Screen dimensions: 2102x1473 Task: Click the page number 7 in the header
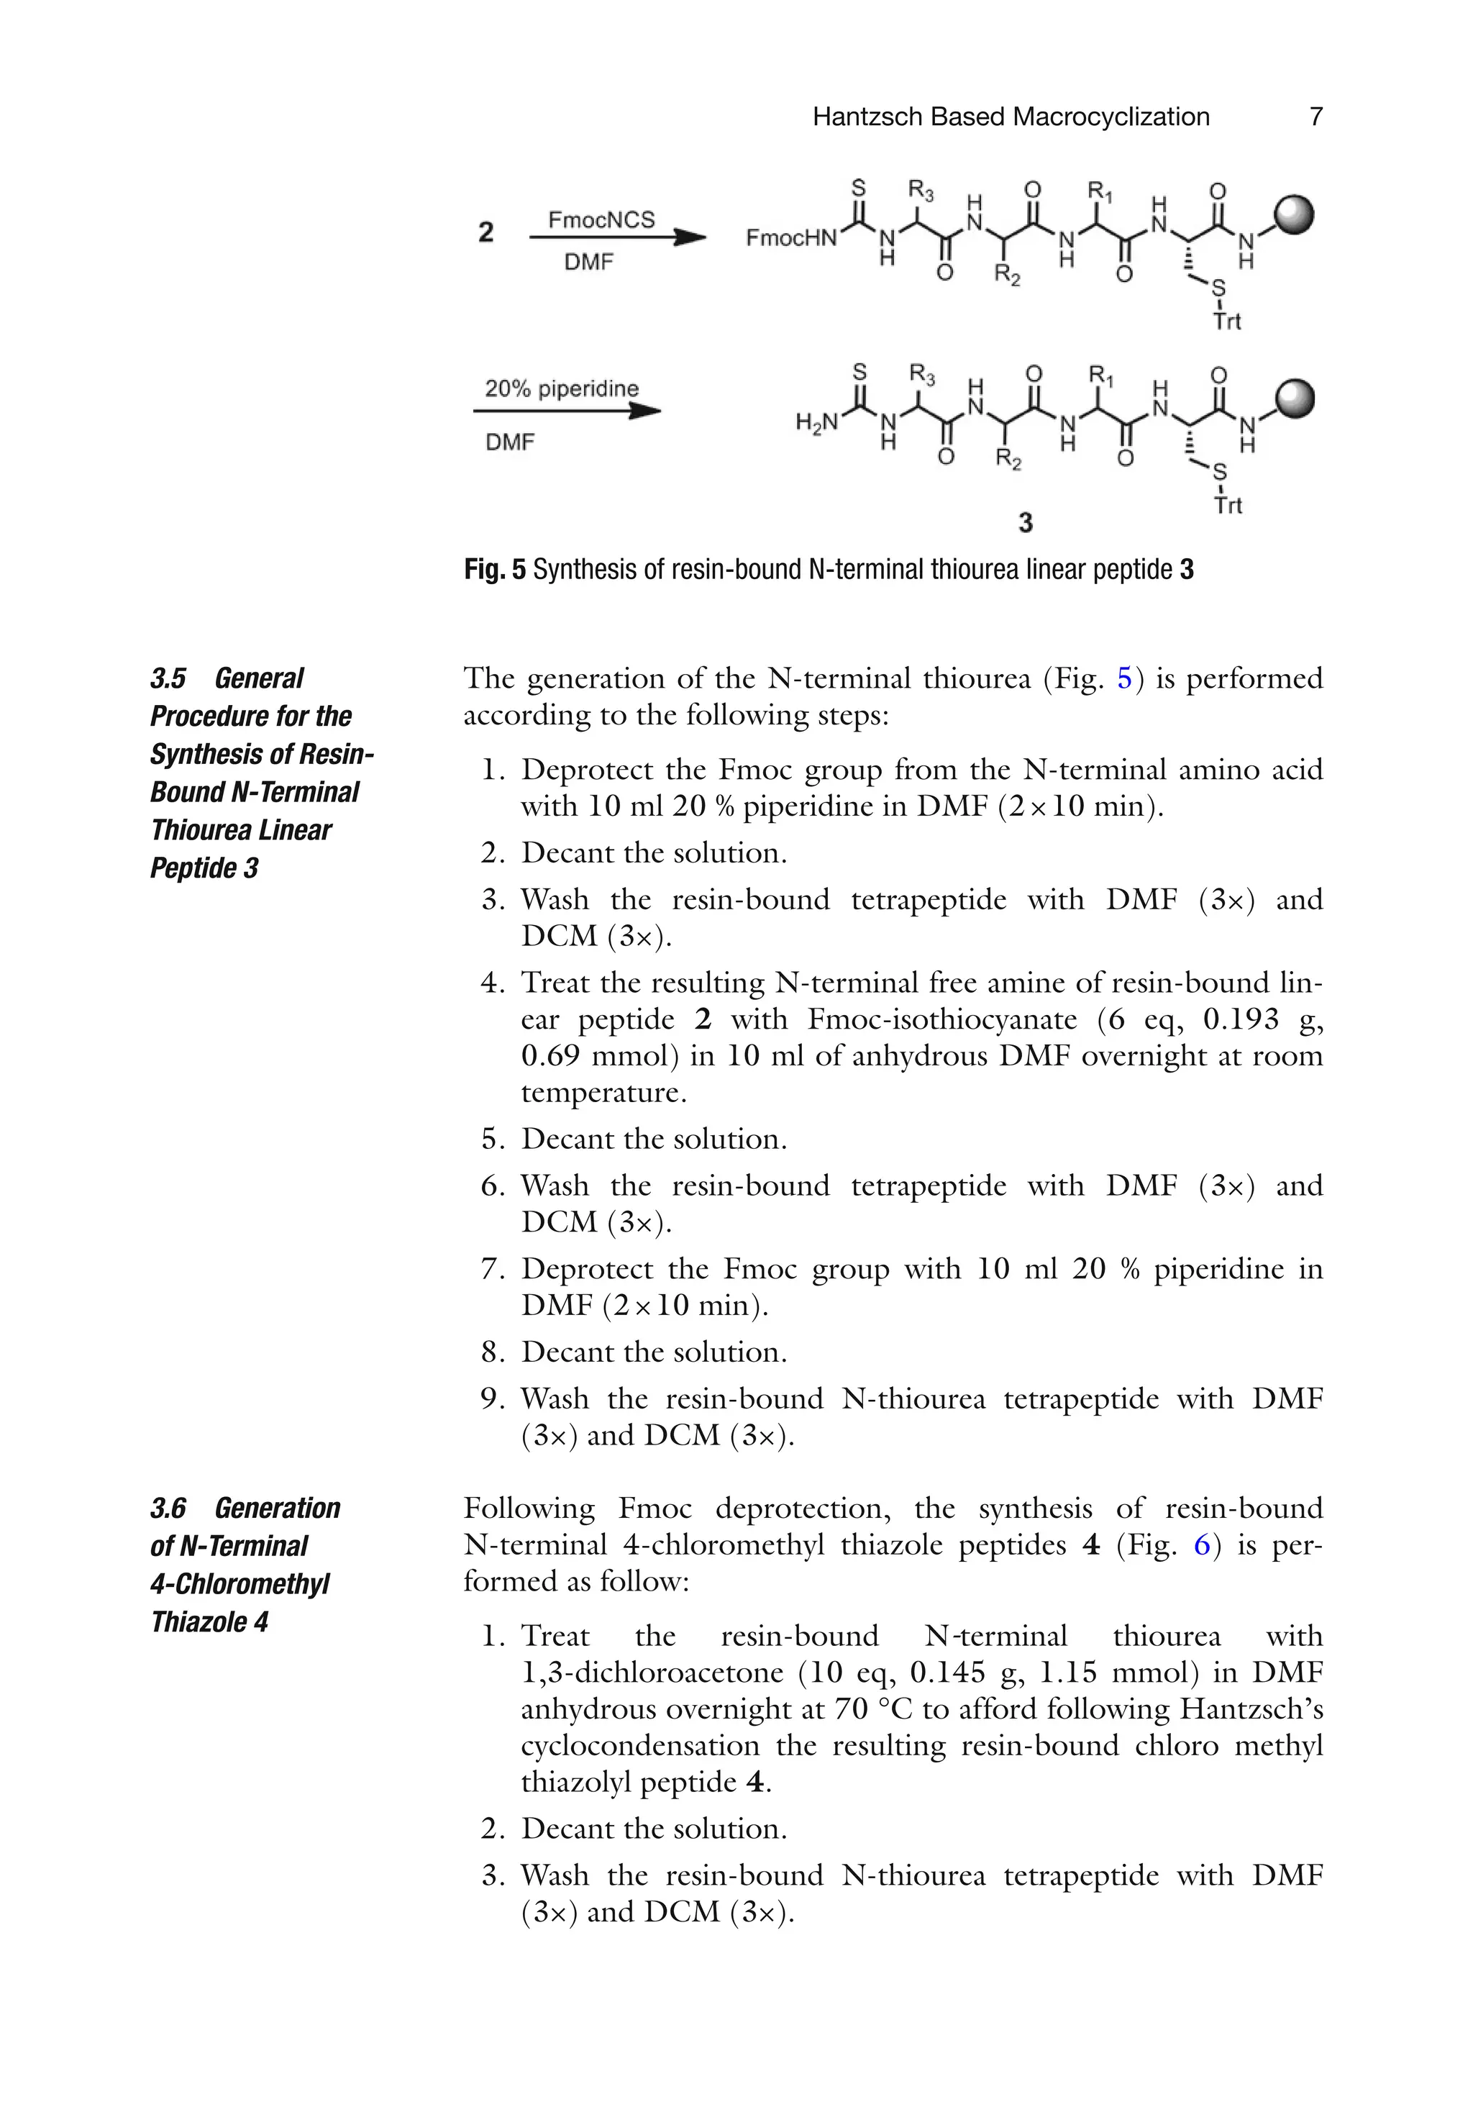coord(1315,117)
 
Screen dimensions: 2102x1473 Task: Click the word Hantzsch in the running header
coord(867,117)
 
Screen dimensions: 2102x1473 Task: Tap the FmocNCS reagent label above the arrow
coord(601,219)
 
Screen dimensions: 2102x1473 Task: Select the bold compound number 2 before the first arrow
coord(485,232)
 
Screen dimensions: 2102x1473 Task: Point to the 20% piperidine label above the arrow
coord(561,388)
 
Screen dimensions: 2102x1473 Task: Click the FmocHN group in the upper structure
coord(791,238)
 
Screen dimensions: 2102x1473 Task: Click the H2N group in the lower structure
coord(816,422)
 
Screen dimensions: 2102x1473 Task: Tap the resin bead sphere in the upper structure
coord(1294,216)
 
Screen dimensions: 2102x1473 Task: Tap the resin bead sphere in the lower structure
coord(1294,400)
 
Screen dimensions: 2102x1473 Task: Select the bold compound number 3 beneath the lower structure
coord(1026,523)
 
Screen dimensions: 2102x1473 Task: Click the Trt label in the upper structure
coord(1227,322)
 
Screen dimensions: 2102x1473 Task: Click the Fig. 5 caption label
coord(494,570)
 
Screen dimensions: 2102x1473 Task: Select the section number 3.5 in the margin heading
coord(168,678)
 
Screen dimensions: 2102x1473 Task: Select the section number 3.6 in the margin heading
coord(168,1508)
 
